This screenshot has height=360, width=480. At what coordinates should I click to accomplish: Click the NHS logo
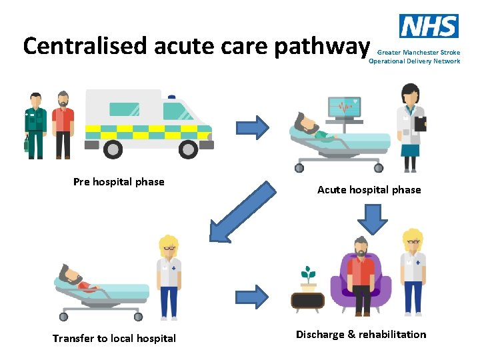pyautogui.click(x=429, y=26)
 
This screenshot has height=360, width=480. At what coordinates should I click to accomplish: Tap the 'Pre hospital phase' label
pyautogui.click(x=119, y=182)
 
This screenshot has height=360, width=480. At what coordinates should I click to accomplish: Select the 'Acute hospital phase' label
pyautogui.click(x=369, y=190)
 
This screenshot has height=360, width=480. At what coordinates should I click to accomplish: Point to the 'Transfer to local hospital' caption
pyautogui.click(x=114, y=339)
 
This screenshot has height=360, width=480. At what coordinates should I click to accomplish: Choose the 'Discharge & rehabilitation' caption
pyautogui.click(x=361, y=335)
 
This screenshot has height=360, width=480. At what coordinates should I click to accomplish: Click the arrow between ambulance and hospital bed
pyautogui.click(x=253, y=127)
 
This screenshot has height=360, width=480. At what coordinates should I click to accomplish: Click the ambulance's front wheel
pyautogui.click(x=189, y=149)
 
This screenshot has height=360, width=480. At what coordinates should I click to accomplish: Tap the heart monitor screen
pyautogui.click(x=344, y=107)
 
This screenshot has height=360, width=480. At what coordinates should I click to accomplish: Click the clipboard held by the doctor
pyautogui.click(x=420, y=123)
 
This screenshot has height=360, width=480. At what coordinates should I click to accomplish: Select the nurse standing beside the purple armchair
pyautogui.click(x=413, y=273)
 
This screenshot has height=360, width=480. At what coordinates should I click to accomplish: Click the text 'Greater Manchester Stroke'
pyautogui.click(x=418, y=52)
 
